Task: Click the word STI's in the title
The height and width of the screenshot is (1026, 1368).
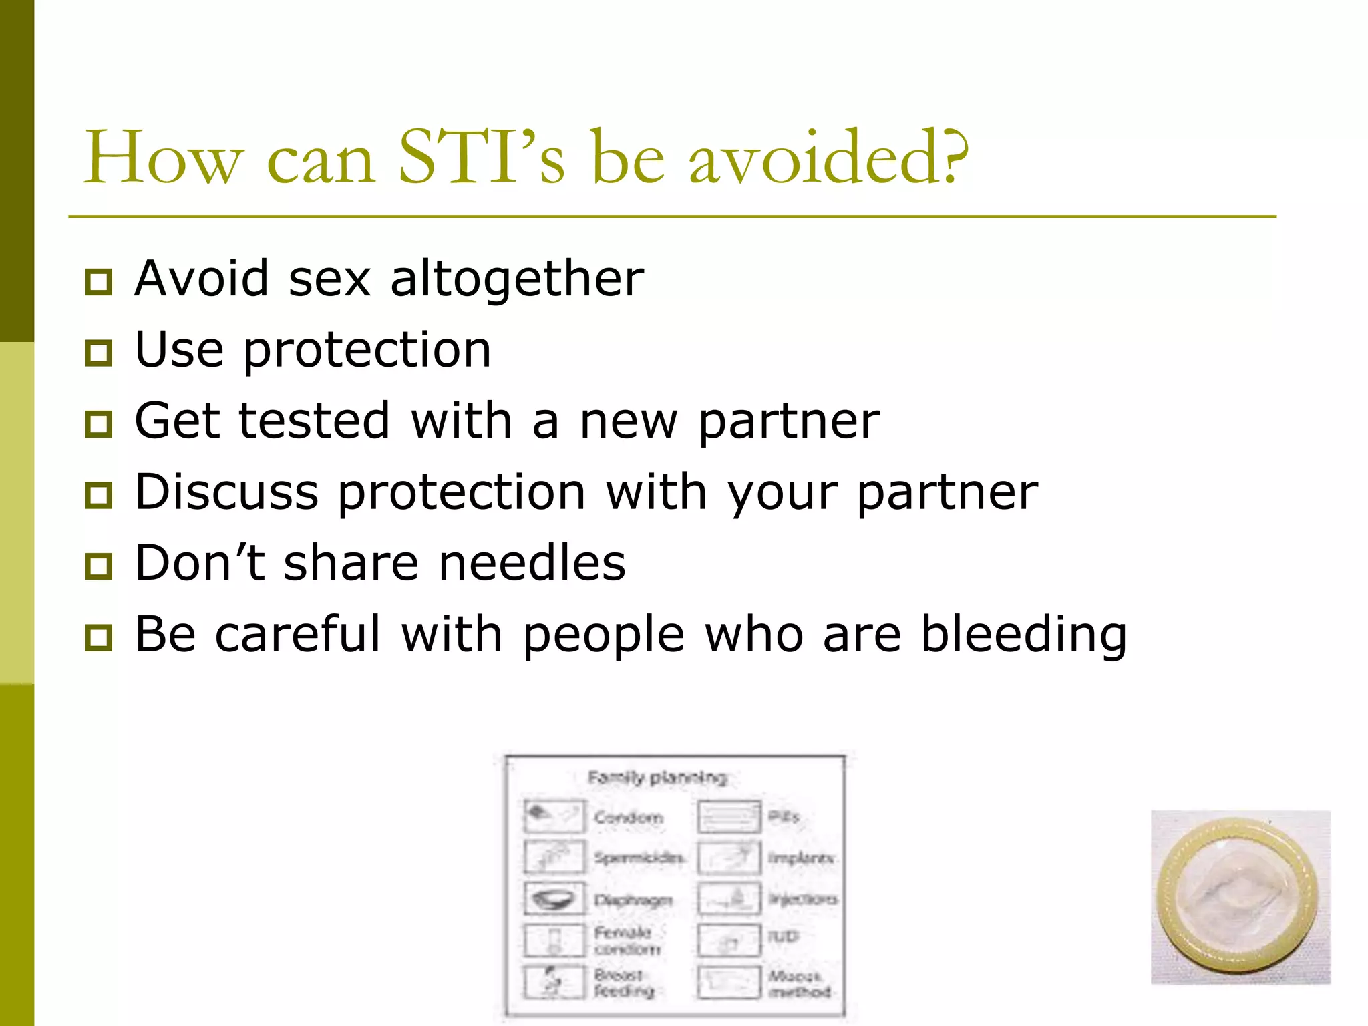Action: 481,158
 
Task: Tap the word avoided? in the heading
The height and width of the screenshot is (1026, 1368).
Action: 828,158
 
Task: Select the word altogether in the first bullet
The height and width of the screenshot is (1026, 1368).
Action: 517,278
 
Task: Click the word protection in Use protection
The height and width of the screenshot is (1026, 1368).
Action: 367,351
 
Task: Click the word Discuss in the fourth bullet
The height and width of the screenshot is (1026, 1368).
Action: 226,492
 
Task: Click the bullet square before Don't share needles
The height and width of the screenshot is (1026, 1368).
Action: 99,566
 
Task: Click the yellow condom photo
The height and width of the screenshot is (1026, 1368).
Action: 1240,897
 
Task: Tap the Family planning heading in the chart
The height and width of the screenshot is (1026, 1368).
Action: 657,778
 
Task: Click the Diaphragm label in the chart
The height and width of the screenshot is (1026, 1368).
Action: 633,900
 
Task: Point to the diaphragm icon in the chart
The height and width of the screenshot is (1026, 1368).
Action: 554,898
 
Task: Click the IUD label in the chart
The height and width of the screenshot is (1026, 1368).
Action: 783,936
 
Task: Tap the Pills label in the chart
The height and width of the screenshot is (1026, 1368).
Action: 784,816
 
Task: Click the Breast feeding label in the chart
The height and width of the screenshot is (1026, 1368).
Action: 624,983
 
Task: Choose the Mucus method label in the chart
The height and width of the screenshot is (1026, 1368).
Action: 799,984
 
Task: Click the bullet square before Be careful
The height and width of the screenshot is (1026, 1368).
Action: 99,638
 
